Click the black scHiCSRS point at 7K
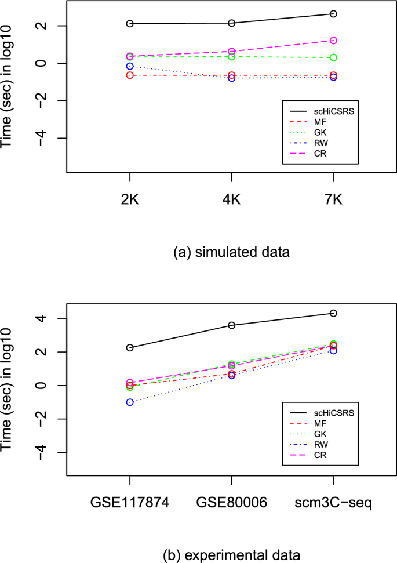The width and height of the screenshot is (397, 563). point(333,14)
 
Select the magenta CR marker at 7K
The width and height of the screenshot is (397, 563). point(333,41)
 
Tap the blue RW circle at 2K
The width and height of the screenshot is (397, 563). point(130,66)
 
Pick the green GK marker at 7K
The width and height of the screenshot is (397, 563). point(333,57)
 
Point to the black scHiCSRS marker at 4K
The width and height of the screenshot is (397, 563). point(232,23)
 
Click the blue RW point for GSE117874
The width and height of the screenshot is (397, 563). point(130,402)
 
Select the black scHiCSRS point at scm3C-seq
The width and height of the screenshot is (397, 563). point(333,313)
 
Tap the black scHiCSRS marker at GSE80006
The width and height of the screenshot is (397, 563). point(232,325)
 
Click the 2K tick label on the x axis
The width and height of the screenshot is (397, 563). point(130,200)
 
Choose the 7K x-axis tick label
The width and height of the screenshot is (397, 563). point(333,200)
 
